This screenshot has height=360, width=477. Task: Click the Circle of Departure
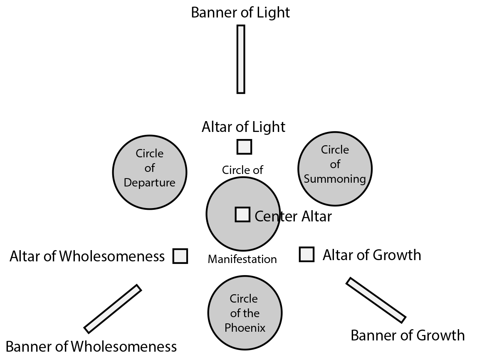[x=150, y=172]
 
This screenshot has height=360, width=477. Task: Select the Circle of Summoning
[x=335, y=169]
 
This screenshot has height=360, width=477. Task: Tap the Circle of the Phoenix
[x=245, y=313]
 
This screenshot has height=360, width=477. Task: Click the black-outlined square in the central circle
[x=242, y=214]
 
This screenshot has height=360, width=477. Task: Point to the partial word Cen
[x=266, y=216]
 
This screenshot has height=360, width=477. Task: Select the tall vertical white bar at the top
[x=241, y=59]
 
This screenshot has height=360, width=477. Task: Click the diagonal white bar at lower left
[x=112, y=309]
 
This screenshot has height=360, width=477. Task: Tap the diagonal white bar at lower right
[x=376, y=300]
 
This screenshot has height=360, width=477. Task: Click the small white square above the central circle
[x=244, y=147]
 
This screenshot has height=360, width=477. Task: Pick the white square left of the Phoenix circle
[x=180, y=256]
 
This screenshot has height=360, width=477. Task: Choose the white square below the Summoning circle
[x=306, y=254]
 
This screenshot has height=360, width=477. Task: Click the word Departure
[x=150, y=183]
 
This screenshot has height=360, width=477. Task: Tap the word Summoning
[x=335, y=179]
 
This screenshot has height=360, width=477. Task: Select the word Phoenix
[x=245, y=328]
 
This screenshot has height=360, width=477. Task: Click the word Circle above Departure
[x=150, y=154]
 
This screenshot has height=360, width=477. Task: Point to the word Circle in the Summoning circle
[x=335, y=150]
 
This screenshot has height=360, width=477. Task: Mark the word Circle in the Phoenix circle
[x=244, y=299]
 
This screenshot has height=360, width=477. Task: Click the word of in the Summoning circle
[x=335, y=164]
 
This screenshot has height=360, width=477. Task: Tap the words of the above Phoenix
[x=245, y=313]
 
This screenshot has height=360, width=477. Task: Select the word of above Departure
[x=150, y=168]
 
